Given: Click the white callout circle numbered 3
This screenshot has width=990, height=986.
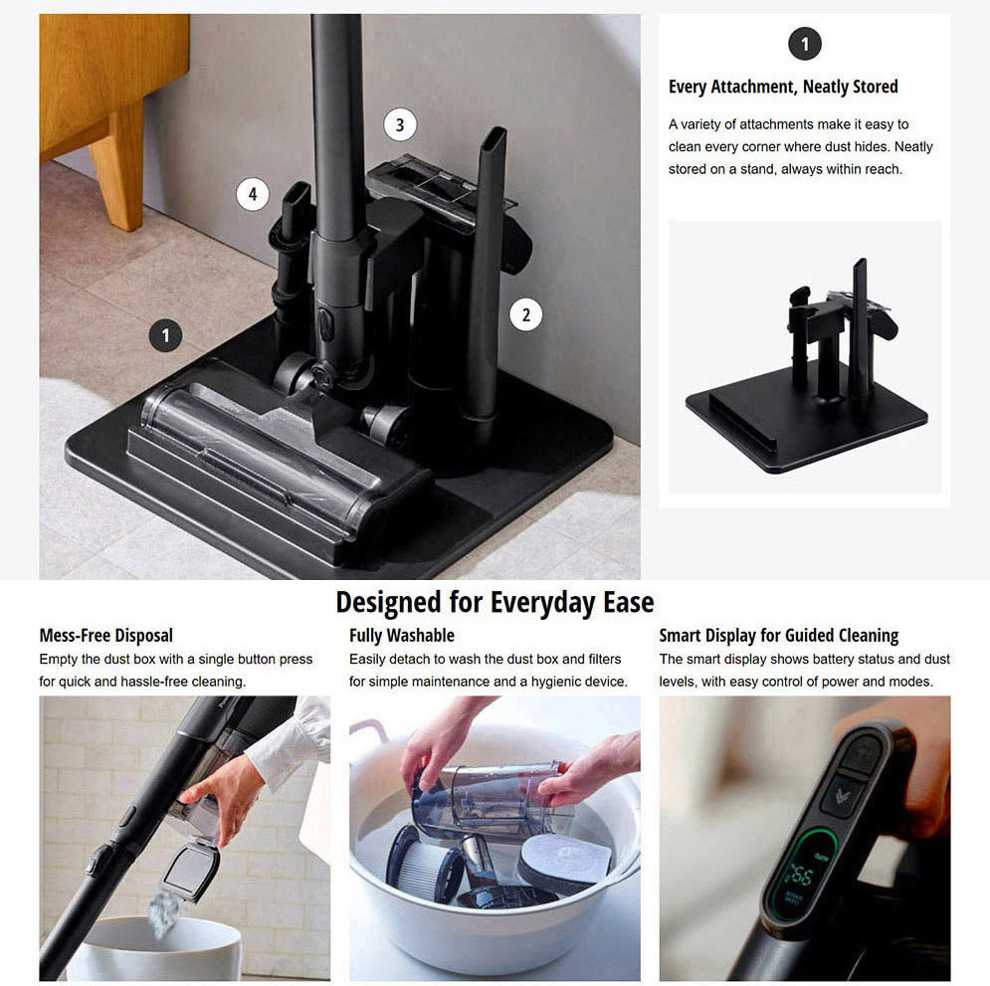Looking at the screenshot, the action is click(400, 125).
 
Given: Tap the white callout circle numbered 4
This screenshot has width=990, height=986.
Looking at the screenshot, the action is click(253, 194).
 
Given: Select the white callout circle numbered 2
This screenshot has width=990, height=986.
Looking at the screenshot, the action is click(526, 314).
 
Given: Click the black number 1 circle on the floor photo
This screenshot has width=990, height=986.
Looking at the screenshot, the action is click(165, 335).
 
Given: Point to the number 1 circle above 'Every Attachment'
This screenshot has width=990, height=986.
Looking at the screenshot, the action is click(804, 44).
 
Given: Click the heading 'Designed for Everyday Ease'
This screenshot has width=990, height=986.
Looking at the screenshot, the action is click(495, 602).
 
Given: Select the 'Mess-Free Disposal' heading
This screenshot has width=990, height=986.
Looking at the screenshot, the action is click(106, 635).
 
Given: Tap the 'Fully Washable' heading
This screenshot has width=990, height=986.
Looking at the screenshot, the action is click(402, 635).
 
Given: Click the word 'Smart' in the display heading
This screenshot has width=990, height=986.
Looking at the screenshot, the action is click(680, 635).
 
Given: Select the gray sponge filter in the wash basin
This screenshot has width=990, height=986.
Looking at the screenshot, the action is click(564, 860).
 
